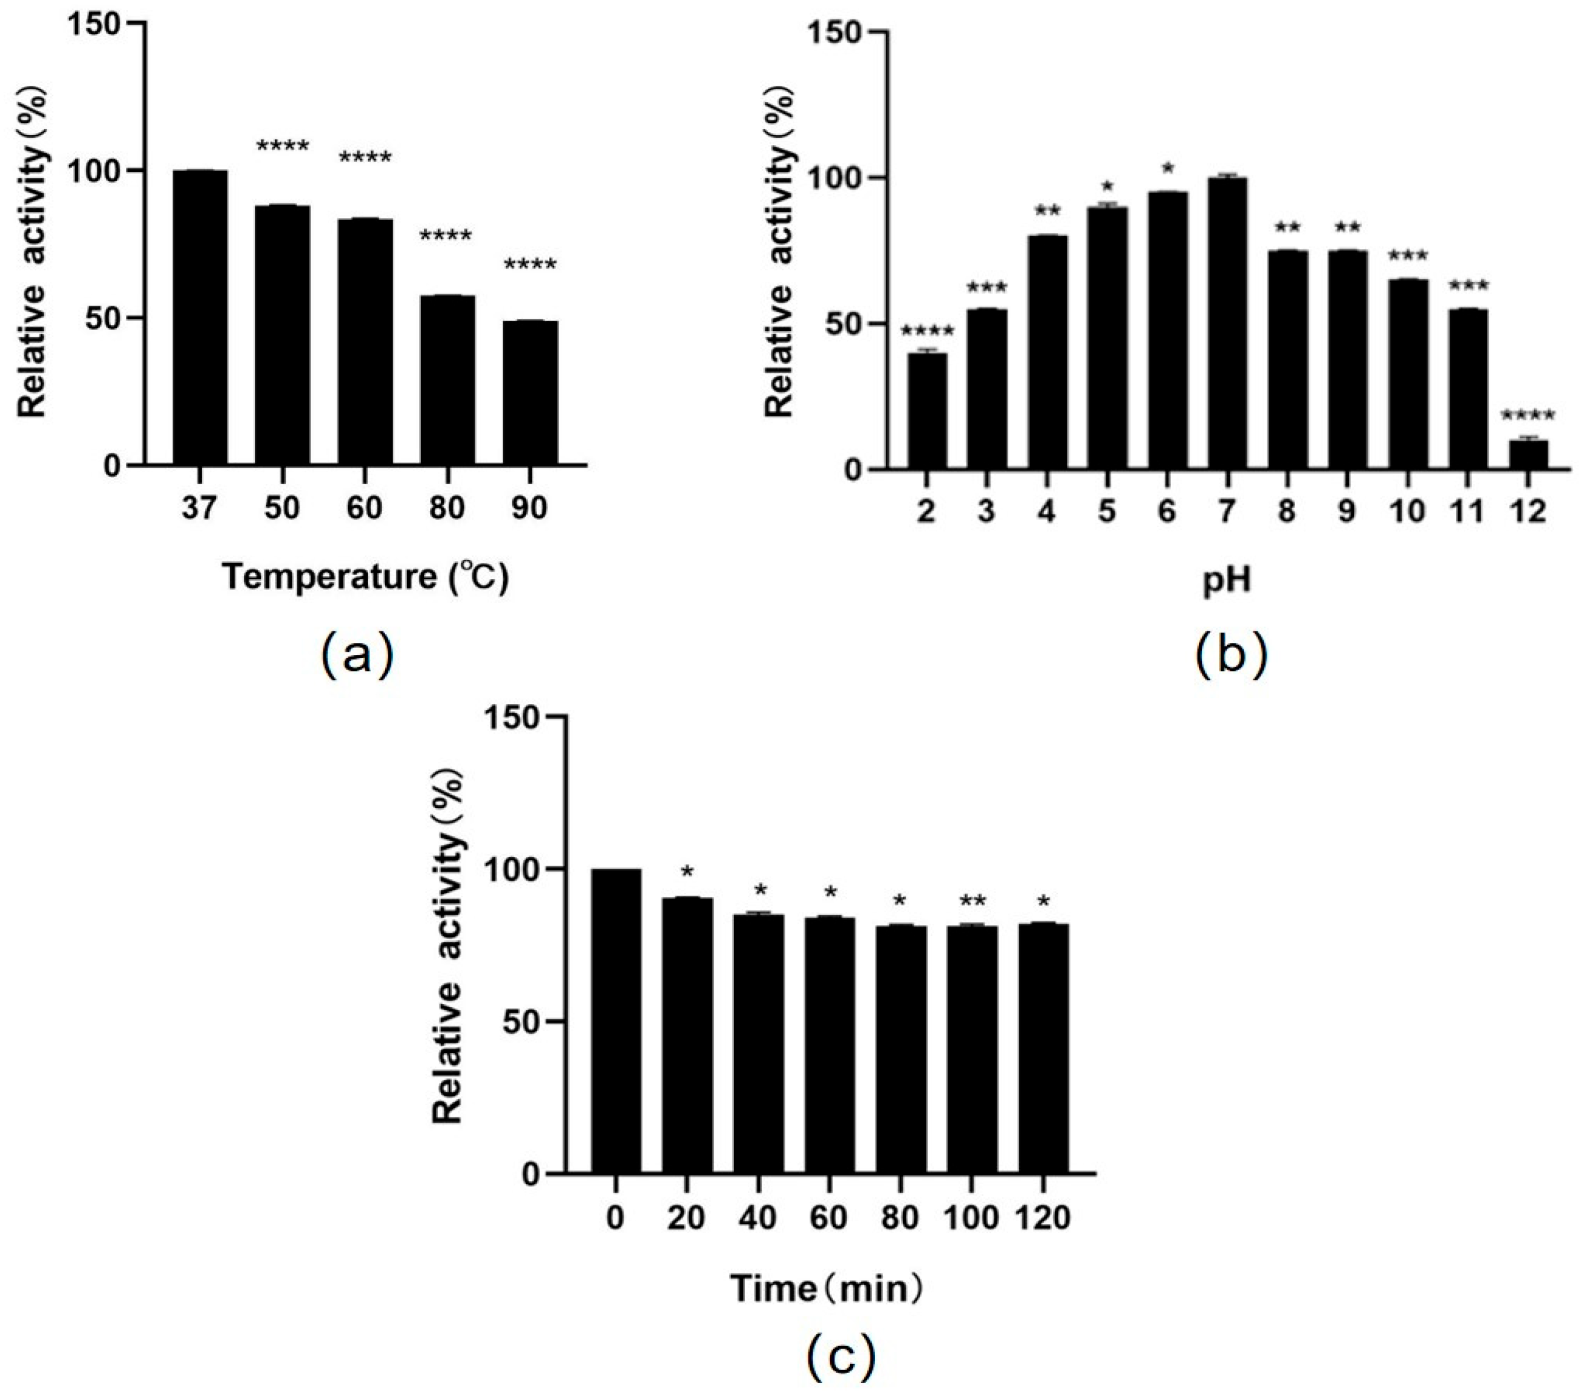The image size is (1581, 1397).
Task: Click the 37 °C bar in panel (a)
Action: [x=200, y=317]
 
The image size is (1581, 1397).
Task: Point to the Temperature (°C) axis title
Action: [x=366, y=577]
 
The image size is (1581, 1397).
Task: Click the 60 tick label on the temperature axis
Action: [x=365, y=508]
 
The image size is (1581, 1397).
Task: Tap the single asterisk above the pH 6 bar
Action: [x=1168, y=168]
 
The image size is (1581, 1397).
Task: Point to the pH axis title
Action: [x=1227, y=580]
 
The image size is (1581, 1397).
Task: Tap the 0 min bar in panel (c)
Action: [x=616, y=1021]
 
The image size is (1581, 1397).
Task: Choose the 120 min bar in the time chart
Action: [x=1043, y=1048]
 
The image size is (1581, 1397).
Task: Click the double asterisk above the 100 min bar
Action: [x=972, y=901]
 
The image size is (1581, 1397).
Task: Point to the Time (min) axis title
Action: [x=826, y=1289]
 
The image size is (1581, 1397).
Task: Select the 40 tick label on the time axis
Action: [x=758, y=1218]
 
